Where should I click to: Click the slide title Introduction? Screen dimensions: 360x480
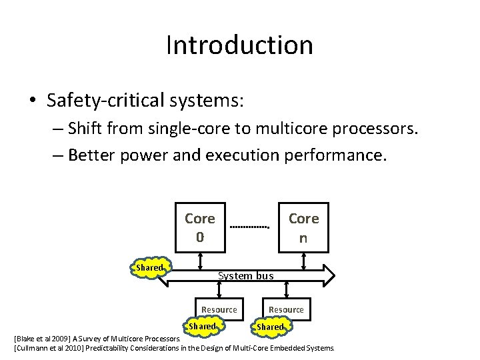tap(239, 45)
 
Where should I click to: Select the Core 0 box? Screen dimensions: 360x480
tap(199, 227)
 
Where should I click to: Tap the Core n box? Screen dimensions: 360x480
tap(303, 227)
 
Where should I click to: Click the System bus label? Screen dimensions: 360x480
tap(245, 275)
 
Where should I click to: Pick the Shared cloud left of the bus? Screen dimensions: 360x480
tap(149, 267)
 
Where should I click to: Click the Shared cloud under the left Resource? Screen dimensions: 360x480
tap(202, 326)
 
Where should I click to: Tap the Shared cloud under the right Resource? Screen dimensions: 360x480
tap(270, 327)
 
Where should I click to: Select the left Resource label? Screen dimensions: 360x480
tap(219, 309)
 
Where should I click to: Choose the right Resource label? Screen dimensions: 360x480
tap(286, 309)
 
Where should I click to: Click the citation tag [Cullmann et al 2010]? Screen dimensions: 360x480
tap(47, 348)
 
